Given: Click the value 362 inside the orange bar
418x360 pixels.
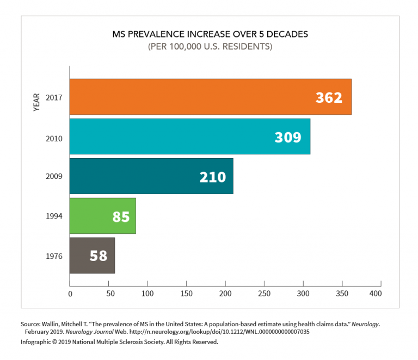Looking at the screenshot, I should point(329,97).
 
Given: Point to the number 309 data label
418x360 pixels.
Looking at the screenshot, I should point(287,137).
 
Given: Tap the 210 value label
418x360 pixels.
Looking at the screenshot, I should point(212,177).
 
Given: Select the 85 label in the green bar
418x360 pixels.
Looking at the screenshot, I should point(121,216).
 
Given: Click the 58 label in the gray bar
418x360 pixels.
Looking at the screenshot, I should point(99,256).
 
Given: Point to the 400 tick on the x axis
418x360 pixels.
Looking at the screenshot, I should point(374,294).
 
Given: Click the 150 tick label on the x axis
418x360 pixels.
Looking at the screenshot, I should point(187,294).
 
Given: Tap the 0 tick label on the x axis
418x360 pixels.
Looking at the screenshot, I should point(70,294).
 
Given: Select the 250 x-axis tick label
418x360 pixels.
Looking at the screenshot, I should point(265,294).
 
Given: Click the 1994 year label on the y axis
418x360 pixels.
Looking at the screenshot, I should point(54,216).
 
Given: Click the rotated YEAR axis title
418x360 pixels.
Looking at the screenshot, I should point(37,102).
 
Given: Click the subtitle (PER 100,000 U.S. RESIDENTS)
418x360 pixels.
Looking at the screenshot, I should point(210,47).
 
